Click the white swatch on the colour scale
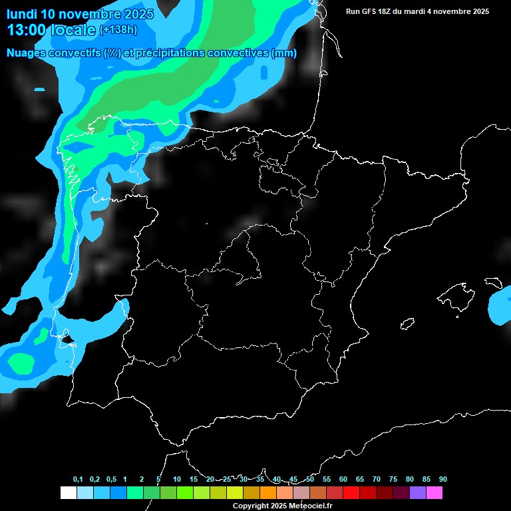[69, 492]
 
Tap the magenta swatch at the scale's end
[434, 492]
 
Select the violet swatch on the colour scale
[418, 492]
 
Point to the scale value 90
[442, 479]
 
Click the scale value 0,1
[78, 479]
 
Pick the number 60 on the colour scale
[343, 479]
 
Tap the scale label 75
[393, 479]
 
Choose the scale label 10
[177, 479]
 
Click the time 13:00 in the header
[27, 29]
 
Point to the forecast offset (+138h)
[118, 30]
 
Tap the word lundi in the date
[21, 13]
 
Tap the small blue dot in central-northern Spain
[206, 223]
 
